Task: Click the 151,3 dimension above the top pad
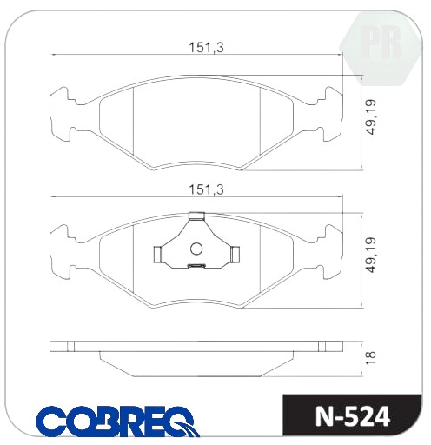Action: (x=206, y=47)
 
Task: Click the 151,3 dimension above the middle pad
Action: (x=206, y=189)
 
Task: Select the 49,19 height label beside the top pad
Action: (x=371, y=117)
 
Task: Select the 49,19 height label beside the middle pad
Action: (x=371, y=255)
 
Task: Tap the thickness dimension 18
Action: (x=371, y=358)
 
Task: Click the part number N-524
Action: (x=353, y=417)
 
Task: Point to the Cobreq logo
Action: (x=117, y=422)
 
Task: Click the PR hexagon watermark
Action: (x=381, y=49)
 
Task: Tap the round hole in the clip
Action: (x=196, y=249)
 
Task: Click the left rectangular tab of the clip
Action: (x=158, y=255)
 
